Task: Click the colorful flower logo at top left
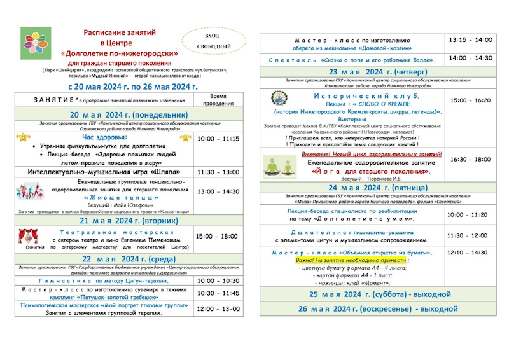tap(34, 44)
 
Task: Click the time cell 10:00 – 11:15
tap(218, 139)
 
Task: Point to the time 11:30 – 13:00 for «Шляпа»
tap(218, 172)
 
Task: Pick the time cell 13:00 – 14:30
tap(218, 191)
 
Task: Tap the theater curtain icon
tap(28, 236)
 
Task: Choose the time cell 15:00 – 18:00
tap(218, 236)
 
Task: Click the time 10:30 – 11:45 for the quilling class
tap(218, 293)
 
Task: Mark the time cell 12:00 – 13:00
tap(218, 309)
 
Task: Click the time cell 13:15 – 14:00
tap(470, 39)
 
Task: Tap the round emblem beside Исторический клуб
tap(279, 99)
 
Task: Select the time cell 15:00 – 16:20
tap(470, 100)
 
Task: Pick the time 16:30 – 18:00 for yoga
tap(470, 160)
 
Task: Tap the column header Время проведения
tap(218, 99)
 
